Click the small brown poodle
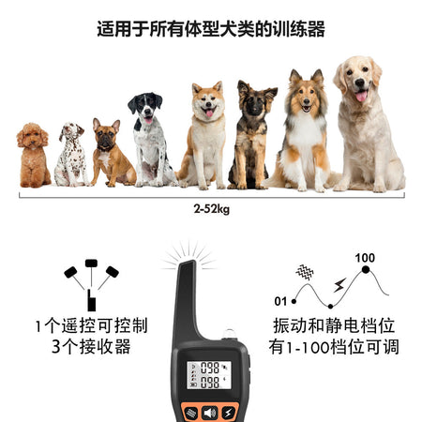pos(33,156)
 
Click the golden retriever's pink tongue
pos(361,96)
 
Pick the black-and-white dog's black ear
pos(132,105)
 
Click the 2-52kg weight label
pos(211,209)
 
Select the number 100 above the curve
pos(365,258)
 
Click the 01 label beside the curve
pos(280,301)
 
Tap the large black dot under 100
pos(366,269)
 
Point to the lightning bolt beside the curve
pos(339,285)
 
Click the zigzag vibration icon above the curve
pos(305,272)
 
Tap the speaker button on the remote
pos(210,413)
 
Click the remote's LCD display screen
pos(209,375)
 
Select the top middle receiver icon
pos(91,264)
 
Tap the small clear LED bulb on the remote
pos(229,334)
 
